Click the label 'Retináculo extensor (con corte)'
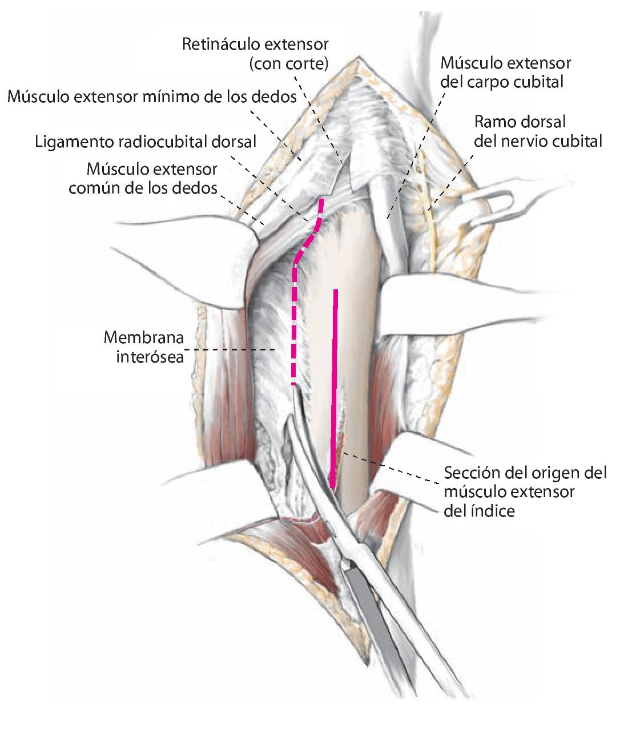tap(255, 53)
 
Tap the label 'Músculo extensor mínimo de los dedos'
tap(152, 96)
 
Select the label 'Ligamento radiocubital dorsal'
tap(146, 141)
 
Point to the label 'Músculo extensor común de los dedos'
tap(143, 178)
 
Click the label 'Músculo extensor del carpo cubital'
tap(505, 72)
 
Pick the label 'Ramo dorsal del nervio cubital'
tap(538, 131)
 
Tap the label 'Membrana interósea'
tap(144, 347)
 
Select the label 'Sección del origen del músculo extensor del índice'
tap(524, 491)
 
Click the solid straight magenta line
tap(334, 388)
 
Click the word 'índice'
tap(492, 510)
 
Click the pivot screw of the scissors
tap(344, 566)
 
